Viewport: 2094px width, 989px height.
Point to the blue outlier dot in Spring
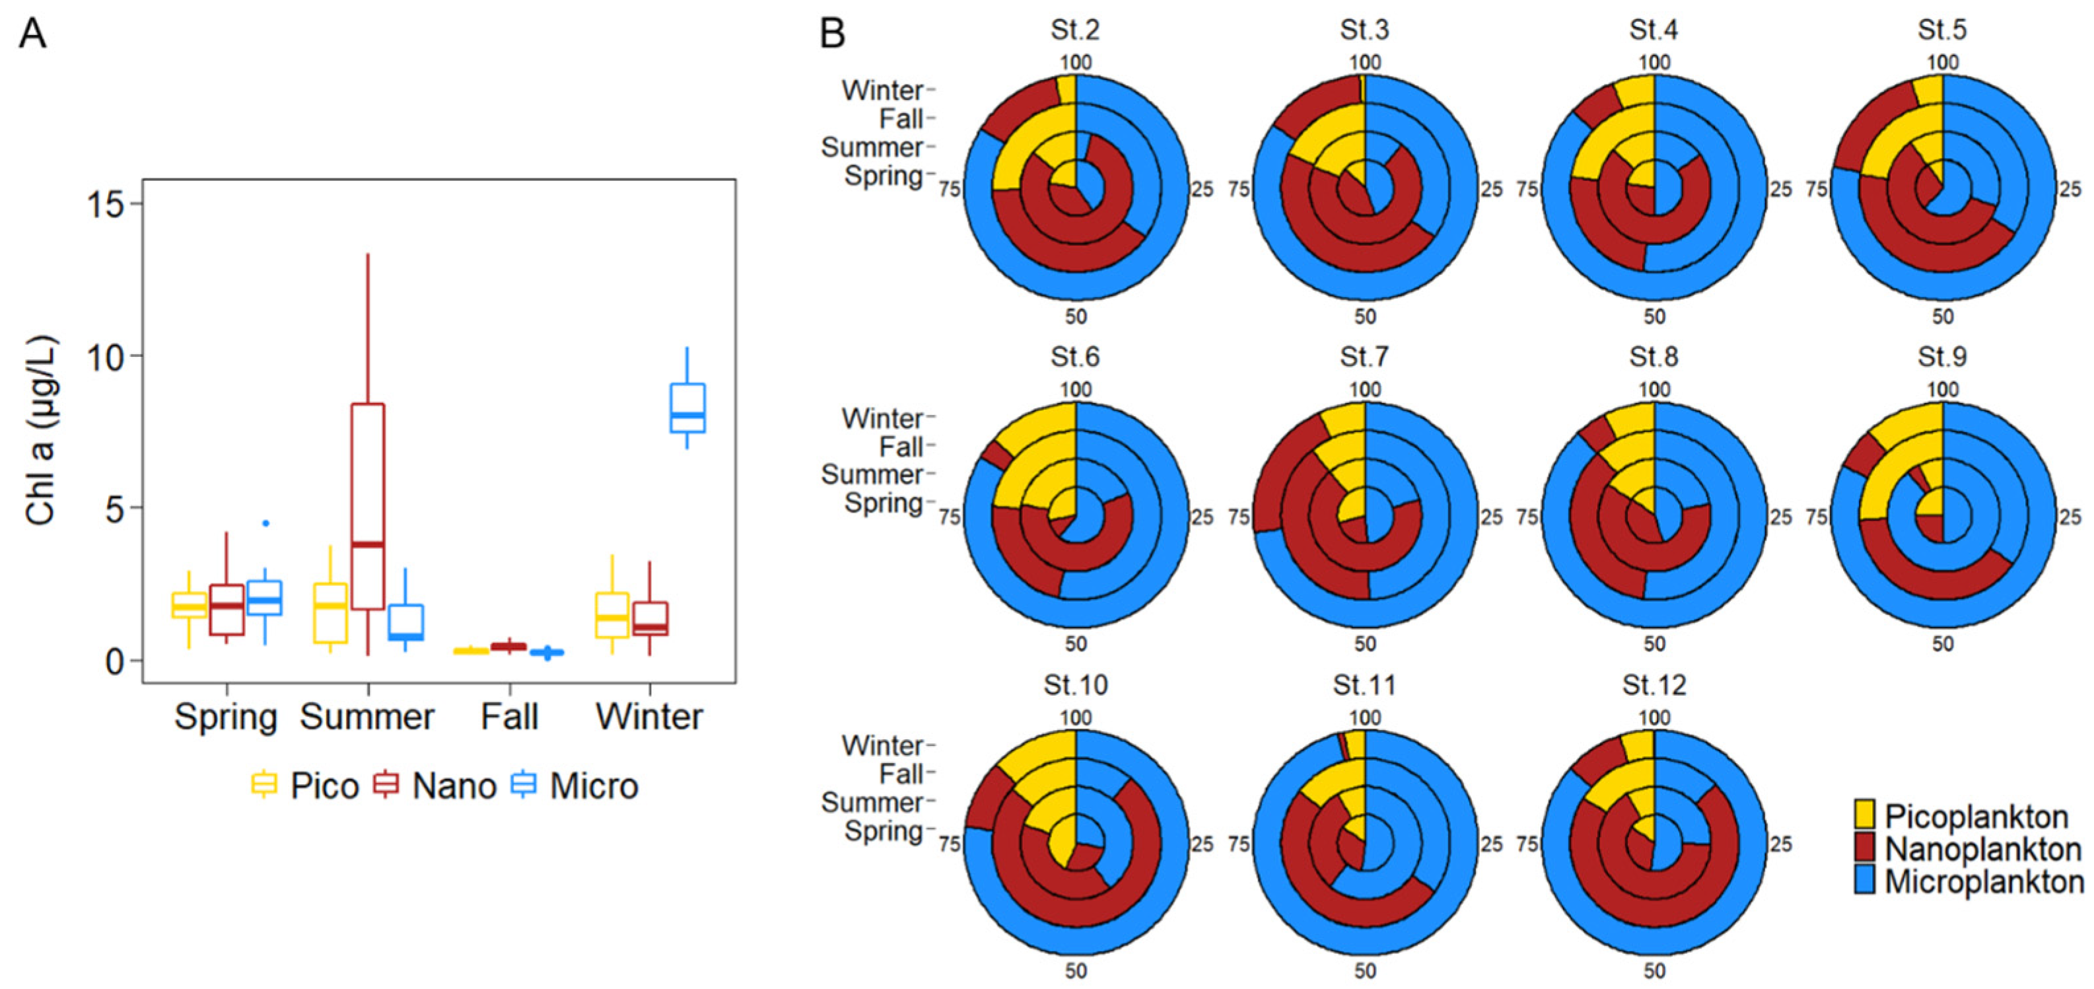point(265,523)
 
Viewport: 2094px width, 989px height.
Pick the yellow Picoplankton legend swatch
point(1865,816)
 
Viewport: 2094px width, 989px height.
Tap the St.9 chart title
point(1942,357)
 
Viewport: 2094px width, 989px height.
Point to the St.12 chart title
point(1654,685)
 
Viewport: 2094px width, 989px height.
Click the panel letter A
point(33,34)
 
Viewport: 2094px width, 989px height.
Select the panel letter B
point(833,34)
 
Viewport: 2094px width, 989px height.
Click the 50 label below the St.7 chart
point(1365,644)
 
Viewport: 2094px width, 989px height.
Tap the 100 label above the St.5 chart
point(1942,63)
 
